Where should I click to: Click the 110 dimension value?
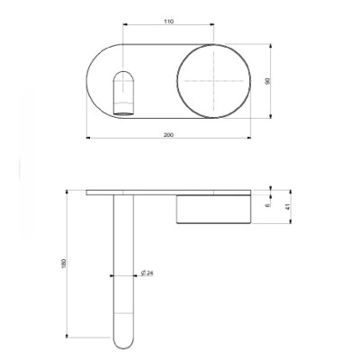click(169, 22)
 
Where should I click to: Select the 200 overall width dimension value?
click(168, 135)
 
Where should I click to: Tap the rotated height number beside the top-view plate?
click(268, 81)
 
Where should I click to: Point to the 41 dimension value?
click(288, 207)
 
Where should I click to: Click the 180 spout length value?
click(63, 263)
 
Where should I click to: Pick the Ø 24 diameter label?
click(147, 273)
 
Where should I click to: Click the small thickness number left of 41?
click(268, 204)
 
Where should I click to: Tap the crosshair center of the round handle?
click(213, 81)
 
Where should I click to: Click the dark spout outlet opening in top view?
click(123, 113)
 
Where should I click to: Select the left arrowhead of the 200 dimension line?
click(88, 138)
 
